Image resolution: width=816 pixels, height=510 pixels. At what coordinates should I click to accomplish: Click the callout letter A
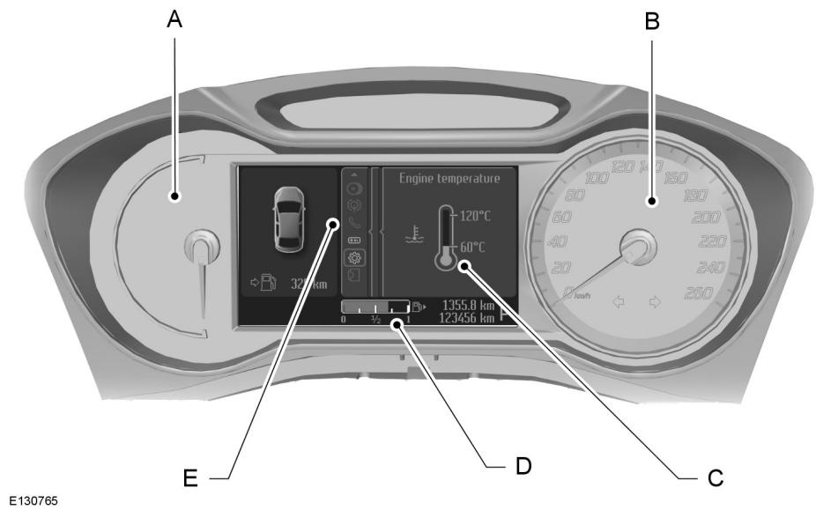pyautogui.click(x=174, y=20)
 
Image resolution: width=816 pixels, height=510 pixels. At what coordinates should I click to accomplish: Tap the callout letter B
pyautogui.click(x=651, y=20)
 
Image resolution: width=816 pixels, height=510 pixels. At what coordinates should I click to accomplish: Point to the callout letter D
pyautogui.click(x=523, y=464)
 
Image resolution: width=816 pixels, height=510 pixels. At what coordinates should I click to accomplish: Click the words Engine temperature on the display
pyautogui.click(x=449, y=178)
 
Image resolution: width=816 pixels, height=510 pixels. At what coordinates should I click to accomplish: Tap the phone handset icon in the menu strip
pyautogui.click(x=354, y=223)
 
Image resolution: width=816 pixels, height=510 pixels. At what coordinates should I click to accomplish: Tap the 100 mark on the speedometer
pyautogui.click(x=597, y=178)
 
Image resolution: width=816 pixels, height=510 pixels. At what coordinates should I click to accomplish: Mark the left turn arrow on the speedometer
pyautogui.click(x=618, y=302)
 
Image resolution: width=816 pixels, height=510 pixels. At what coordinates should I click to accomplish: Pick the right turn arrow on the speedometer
pyautogui.click(x=655, y=302)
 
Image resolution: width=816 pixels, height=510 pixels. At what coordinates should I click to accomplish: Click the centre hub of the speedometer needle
pyautogui.click(x=639, y=248)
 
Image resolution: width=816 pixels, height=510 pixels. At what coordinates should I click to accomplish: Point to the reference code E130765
pyautogui.click(x=30, y=500)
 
